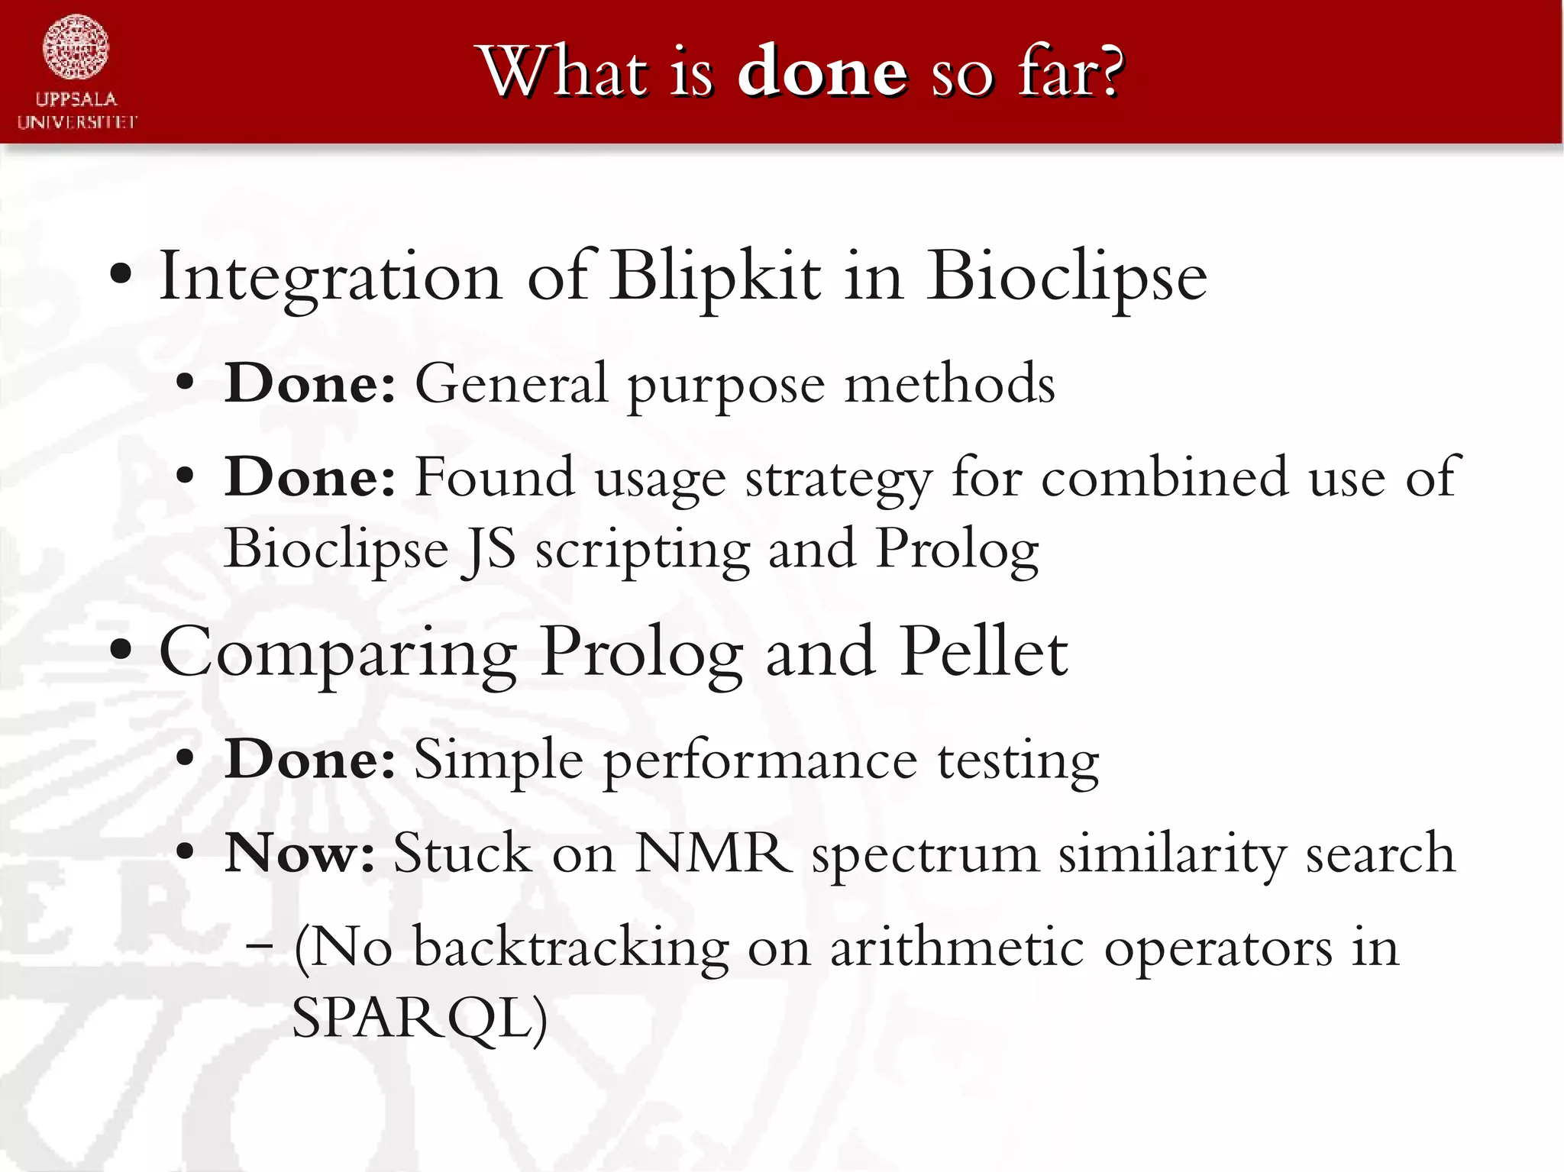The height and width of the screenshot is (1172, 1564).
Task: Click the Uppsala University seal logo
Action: point(76,48)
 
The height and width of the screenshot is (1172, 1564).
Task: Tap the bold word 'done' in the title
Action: point(822,73)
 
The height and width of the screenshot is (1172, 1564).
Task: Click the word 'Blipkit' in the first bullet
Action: point(716,276)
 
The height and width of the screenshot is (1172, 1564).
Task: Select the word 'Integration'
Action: point(330,276)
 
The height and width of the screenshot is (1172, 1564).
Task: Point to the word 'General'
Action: point(511,383)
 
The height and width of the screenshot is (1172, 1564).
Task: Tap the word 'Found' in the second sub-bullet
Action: point(494,477)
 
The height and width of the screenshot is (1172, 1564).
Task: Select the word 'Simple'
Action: point(498,760)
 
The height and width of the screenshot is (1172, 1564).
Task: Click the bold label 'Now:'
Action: point(299,852)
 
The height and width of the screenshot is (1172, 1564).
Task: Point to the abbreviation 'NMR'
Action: point(713,852)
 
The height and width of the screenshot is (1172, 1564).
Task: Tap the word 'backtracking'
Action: point(570,948)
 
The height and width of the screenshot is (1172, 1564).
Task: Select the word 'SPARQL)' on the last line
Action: point(419,1018)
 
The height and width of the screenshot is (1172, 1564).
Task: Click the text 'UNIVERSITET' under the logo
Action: point(77,122)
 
